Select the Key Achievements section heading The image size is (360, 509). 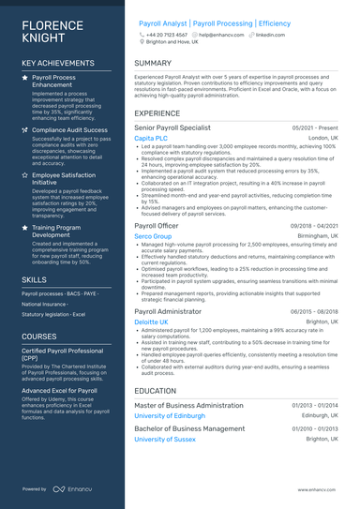[57, 64]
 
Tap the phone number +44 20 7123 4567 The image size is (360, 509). [166, 34]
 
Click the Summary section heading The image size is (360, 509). [153, 64]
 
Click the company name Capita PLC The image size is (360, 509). [151, 138]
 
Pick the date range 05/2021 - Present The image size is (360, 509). [315, 127]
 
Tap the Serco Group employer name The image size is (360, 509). [153, 237]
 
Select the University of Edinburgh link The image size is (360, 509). [170, 415]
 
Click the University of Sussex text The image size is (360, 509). [165, 439]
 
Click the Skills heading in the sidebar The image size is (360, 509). [34, 279]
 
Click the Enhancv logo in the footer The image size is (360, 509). [71, 488]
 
